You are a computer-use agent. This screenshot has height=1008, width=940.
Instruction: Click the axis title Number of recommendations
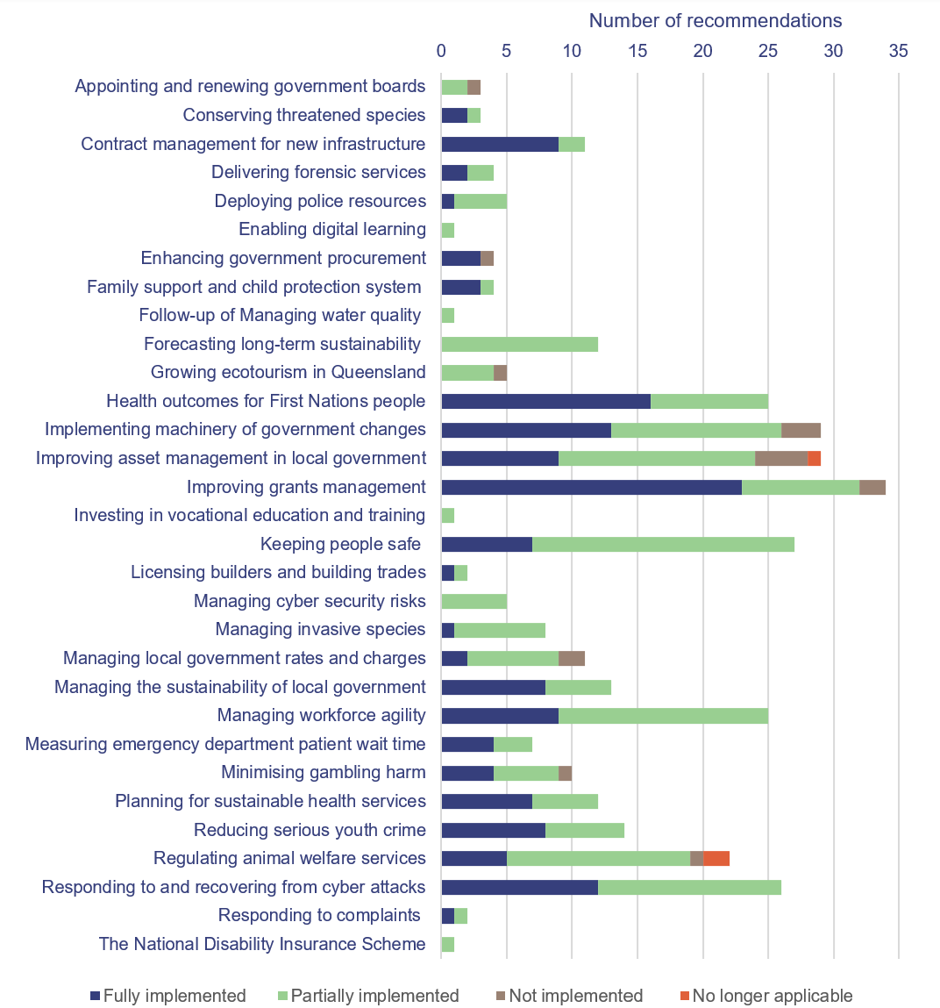(x=715, y=21)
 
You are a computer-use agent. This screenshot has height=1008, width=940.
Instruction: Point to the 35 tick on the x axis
(x=898, y=51)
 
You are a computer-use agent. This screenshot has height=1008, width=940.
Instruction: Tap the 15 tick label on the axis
(x=637, y=51)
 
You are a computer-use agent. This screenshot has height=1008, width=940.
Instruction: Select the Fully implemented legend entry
(x=167, y=996)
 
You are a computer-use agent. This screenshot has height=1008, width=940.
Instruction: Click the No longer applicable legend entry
(x=766, y=996)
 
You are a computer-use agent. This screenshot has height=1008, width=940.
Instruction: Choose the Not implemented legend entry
(x=568, y=996)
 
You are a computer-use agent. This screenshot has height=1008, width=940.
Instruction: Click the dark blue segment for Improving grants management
(x=591, y=487)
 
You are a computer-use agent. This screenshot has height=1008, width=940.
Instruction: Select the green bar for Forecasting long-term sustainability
(x=519, y=344)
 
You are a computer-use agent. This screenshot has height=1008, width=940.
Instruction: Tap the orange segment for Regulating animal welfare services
(x=716, y=858)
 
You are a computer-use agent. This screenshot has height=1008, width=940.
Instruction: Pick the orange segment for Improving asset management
(x=814, y=458)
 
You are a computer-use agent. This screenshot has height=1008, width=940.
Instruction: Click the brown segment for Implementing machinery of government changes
(x=801, y=430)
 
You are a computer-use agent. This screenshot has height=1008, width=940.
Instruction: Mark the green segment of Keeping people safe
(x=663, y=544)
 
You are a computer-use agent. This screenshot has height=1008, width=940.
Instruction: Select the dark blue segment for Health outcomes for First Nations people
(x=545, y=401)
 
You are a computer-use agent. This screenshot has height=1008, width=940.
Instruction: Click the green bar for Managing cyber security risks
(x=474, y=601)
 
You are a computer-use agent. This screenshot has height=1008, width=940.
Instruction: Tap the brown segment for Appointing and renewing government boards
(x=474, y=87)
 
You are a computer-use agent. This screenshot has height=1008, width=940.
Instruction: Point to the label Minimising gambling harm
(x=323, y=772)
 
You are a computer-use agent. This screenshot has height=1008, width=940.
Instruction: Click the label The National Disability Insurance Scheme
(x=261, y=944)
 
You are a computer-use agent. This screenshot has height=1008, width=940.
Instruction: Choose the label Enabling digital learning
(x=331, y=229)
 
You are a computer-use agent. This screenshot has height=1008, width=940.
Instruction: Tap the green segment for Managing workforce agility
(x=663, y=715)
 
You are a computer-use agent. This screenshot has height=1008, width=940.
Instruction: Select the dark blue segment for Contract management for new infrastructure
(x=500, y=144)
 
